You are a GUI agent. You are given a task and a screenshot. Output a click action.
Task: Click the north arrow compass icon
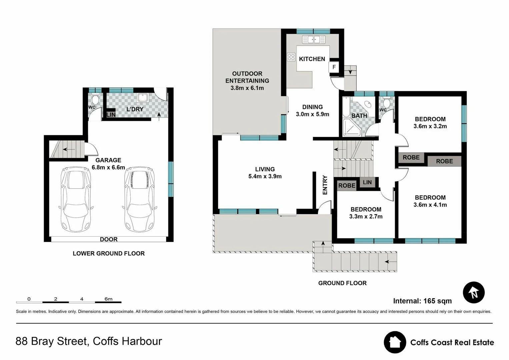(x=473, y=292)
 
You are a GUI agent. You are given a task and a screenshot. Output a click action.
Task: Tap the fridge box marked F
(x=334, y=67)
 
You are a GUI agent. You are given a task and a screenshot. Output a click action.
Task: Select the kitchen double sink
(x=313, y=40)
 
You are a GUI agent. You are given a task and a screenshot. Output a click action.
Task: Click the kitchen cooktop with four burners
(x=291, y=57)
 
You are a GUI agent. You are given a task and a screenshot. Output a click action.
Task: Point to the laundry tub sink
(x=143, y=97)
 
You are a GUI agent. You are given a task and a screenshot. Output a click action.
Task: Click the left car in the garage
(x=76, y=199)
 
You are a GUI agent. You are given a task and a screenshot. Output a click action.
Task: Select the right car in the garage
(x=139, y=199)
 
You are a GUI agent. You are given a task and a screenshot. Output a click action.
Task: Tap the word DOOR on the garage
(x=109, y=239)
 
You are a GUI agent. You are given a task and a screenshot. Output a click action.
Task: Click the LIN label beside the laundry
(x=111, y=114)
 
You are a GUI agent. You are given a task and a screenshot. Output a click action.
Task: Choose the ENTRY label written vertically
(x=325, y=185)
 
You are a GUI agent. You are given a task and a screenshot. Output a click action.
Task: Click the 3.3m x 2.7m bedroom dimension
(x=366, y=217)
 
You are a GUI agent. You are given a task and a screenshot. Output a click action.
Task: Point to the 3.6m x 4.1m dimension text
(x=430, y=205)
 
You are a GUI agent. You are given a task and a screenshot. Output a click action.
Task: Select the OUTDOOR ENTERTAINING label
(x=247, y=77)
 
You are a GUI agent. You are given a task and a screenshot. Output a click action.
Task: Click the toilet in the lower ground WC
(x=95, y=99)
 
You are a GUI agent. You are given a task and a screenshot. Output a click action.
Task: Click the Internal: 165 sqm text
(x=422, y=301)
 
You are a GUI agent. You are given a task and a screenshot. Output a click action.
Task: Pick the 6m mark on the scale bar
(x=108, y=299)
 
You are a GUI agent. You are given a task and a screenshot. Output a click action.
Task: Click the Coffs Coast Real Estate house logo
(x=395, y=342)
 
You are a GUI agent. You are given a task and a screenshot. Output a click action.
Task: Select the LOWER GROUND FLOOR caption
(x=109, y=253)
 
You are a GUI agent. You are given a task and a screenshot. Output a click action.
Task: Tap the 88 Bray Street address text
(x=89, y=341)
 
